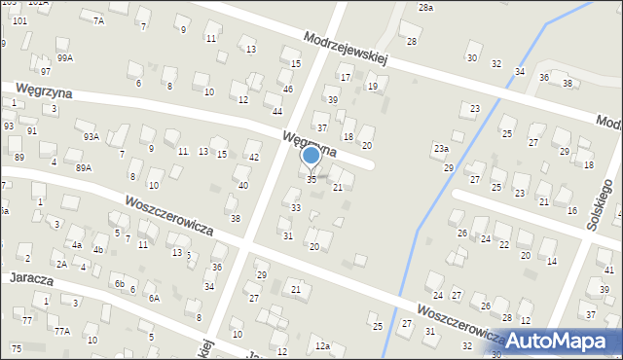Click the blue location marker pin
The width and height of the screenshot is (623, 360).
pyautogui.click(x=311, y=156)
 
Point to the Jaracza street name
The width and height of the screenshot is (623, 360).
pyautogui.click(x=29, y=277)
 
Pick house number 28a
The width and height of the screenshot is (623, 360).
pyautogui.click(x=426, y=8)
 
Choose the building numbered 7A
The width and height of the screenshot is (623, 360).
pyautogui.click(x=98, y=20)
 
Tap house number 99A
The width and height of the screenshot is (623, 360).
pyautogui.click(x=65, y=57)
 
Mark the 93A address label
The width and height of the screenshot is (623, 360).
pyautogui.click(x=92, y=137)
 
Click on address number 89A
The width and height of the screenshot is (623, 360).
pyautogui.click(x=85, y=167)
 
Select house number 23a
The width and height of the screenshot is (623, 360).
pyautogui.click(x=441, y=149)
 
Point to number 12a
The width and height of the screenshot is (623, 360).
pyautogui.click(x=322, y=346)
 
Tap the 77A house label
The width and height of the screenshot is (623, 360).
pyautogui.click(x=62, y=331)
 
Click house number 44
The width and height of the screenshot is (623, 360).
pyautogui.click(x=277, y=112)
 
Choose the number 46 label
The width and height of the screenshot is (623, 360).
pyautogui.click(x=287, y=90)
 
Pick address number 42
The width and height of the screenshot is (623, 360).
pyautogui.click(x=254, y=158)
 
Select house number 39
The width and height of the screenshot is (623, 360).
pyautogui.click(x=332, y=100)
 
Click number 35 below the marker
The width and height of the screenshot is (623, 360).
pyautogui.click(x=311, y=179)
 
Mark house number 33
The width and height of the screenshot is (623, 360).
pyautogui.click(x=296, y=208)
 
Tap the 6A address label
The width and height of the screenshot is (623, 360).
pyautogui.click(x=154, y=298)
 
